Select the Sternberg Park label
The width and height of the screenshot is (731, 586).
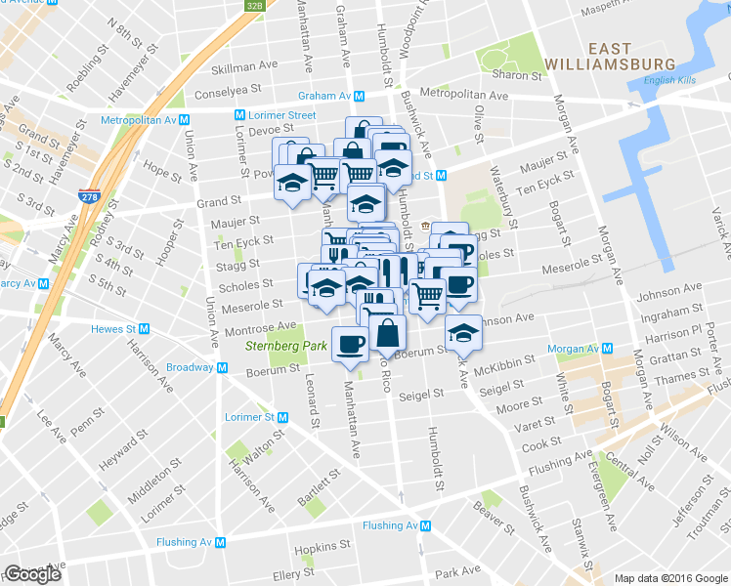pyautogui.click(x=273, y=346)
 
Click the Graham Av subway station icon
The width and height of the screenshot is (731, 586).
pyautogui.click(x=360, y=96)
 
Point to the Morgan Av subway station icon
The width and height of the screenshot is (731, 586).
pyautogui.click(x=608, y=348)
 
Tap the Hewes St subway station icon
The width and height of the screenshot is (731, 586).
pyautogui.click(x=145, y=329)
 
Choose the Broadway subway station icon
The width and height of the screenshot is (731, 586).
pyautogui.click(x=223, y=367)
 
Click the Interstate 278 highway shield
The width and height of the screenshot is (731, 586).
pyautogui.click(x=90, y=195)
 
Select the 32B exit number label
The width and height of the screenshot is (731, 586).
pyautogui.click(x=253, y=6)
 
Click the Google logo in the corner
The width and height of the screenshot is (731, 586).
pyautogui.click(x=32, y=574)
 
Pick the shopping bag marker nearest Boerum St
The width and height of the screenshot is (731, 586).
pyautogui.click(x=388, y=332)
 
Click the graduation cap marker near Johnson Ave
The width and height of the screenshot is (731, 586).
pyautogui.click(x=464, y=333)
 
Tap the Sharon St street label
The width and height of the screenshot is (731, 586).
pyautogui.click(x=517, y=75)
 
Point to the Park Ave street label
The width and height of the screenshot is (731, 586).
pyautogui.click(x=458, y=570)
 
